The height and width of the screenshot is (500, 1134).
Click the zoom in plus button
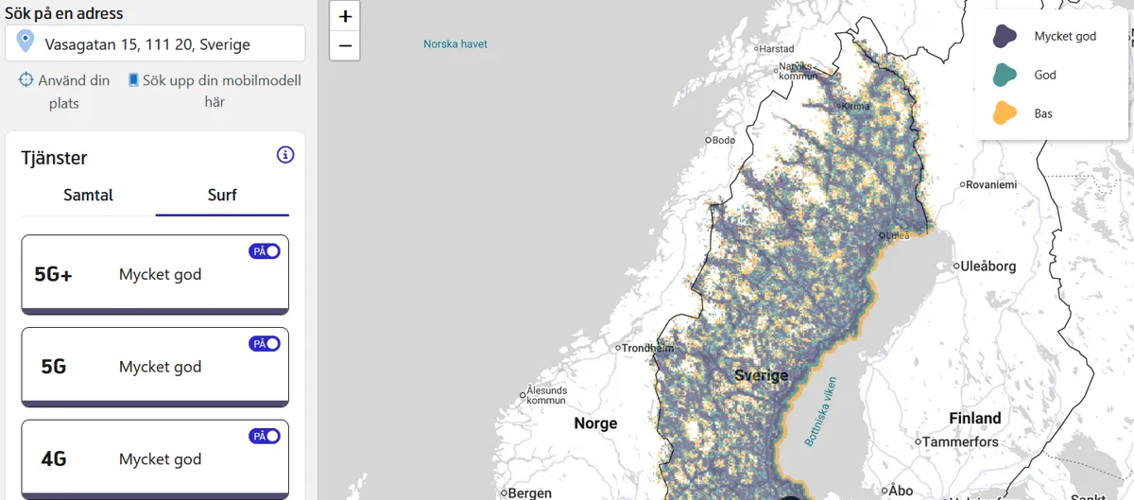(x=345, y=16)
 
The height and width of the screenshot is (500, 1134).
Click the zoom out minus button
(x=345, y=44)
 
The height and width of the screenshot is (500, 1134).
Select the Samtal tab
(x=88, y=196)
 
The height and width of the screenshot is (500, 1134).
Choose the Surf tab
(x=222, y=196)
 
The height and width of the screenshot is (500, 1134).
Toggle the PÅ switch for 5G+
(x=265, y=251)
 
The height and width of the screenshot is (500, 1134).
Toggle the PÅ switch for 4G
(x=265, y=437)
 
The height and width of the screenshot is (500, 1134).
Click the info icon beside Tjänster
(x=285, y=155)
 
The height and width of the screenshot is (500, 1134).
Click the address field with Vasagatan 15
(x=155, y=44)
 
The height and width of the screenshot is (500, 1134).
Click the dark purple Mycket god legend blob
(x=1005, y=37)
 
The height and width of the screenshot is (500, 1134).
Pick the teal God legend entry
(x=1005, y=75)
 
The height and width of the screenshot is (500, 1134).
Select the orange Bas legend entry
(x=1005, y=113)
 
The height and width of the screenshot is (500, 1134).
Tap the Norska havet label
(x=455, y=44)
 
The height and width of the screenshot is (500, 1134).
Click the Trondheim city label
(x=647, y=348)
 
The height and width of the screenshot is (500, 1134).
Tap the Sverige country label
(x=761, y=376)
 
